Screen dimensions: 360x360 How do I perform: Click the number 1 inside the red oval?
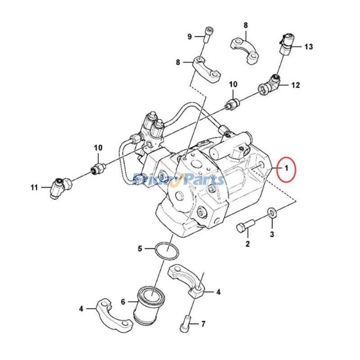tap(286, 169)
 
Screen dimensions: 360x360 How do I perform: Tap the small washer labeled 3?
tap(272, 212)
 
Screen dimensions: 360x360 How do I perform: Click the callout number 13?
tap(308, 47)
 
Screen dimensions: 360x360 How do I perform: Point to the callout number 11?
tap(34, 187)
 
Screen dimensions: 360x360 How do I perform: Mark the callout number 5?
tap(140, 248)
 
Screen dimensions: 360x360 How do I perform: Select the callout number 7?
tap(203, 324)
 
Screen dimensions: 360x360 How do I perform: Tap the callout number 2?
tap(247, 244)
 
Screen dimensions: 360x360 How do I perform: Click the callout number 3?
tap(272, 234)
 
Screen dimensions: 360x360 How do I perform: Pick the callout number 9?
tap(189, 36)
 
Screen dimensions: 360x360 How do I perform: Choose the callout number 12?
tap(295, 85)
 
